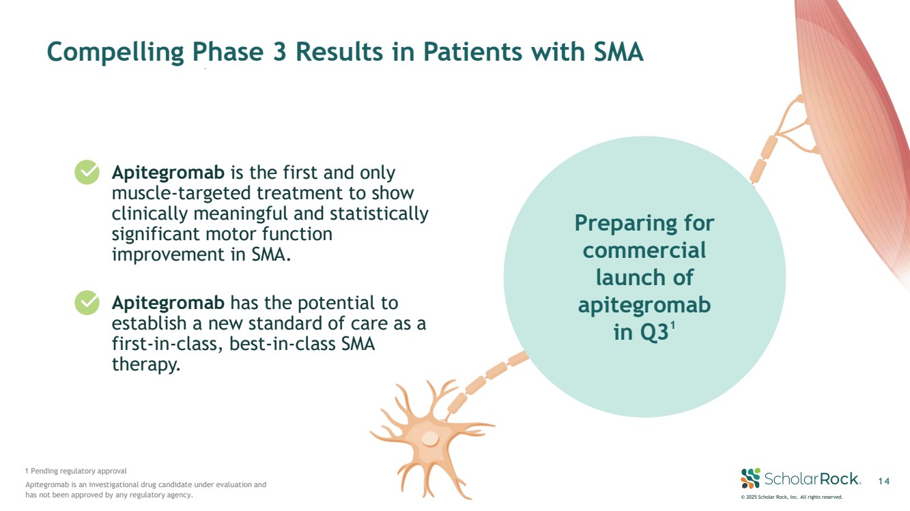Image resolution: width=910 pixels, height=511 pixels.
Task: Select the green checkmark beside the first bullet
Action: [87, 173]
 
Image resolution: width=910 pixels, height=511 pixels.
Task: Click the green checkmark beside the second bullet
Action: [87, 302]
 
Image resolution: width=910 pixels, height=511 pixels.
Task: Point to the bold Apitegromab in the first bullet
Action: [168, 173]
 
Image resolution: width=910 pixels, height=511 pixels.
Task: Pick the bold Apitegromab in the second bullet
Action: [168, 302]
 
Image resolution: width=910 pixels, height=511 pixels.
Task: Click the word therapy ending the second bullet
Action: [145, 364]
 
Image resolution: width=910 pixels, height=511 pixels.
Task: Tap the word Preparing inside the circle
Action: [644, 223]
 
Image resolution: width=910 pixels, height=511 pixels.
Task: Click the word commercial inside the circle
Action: [644, 250]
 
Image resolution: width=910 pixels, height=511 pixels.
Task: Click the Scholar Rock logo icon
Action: [750, 478]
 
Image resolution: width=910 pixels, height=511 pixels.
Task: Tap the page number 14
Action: [884, 482]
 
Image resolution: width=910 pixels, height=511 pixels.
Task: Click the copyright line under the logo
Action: [792, 497]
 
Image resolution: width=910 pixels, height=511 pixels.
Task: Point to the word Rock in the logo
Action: [838, 478]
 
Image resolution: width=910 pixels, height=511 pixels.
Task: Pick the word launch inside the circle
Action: [644, 278]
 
